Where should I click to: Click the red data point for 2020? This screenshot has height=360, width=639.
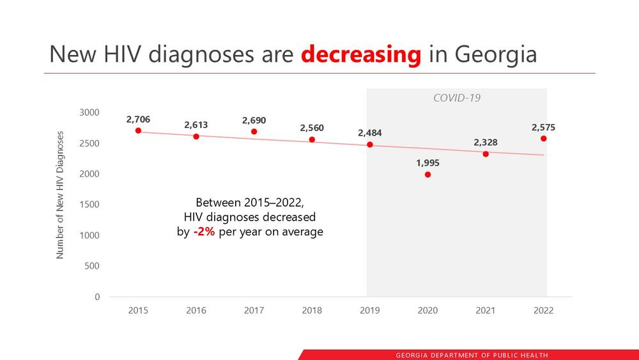(427, 175)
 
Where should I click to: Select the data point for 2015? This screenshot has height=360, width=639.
(138, 130)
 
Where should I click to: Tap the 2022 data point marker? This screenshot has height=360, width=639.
(543, 139)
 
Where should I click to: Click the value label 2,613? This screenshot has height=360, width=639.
(196, 125)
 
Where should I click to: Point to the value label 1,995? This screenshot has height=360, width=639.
(427, 163)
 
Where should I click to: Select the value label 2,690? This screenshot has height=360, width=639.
(254, 120)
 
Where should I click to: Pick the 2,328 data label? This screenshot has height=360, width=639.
(486, 143)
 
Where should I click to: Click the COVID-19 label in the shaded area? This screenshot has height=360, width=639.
(457, 98)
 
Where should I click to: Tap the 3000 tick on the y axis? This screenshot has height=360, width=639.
(89, 113)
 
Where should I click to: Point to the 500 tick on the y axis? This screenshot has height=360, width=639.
(93, 266)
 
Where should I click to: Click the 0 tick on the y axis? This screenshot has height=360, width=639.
(97, 297)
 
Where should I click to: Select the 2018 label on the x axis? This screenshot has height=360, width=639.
(312, 311)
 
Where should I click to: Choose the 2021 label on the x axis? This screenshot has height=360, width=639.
(486, 311)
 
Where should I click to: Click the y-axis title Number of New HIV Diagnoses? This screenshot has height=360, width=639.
(61, 195)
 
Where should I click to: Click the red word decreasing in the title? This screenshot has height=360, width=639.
(361, 55)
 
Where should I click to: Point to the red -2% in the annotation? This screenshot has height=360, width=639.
(204, 231)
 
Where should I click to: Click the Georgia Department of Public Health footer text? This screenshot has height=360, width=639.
(472, 355)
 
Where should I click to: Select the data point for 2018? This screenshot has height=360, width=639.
(312, 139)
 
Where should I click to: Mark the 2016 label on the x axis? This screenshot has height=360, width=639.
(196, 311)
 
